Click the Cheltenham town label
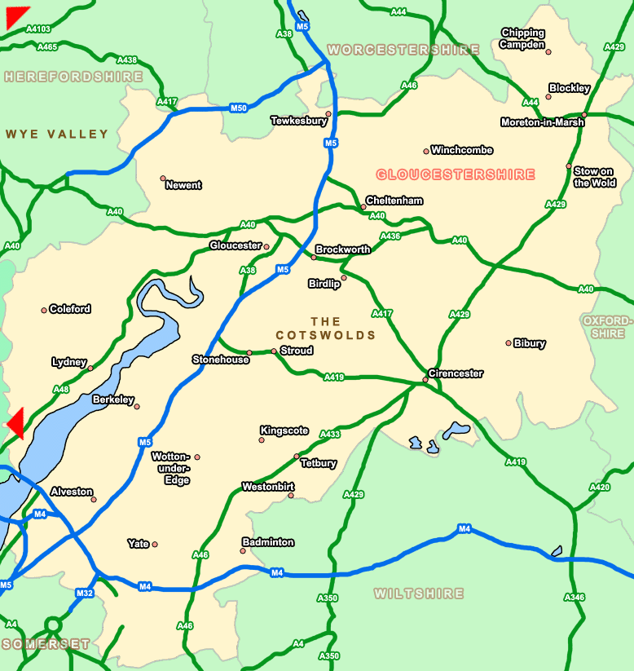coord(394,201)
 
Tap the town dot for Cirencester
coord(425,379)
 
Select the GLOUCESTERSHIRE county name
coord(456,174)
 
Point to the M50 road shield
coord(238,108)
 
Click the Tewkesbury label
coord(298,121)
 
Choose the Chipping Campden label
coord(522,39)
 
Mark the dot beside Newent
coord(163,178)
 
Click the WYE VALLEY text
coord(57,134)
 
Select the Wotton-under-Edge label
coord(170,468)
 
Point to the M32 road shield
coord(85,593)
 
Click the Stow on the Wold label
coord(594,177)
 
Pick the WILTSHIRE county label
coord(419,594)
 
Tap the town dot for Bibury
coord(508,343)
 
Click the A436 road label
coord(390,236)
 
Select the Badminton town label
coord(268,542)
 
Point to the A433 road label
coord(330,435)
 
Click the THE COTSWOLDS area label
coord(326,329)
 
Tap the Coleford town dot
coord(44,310)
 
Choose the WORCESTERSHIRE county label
coord(403,51)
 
